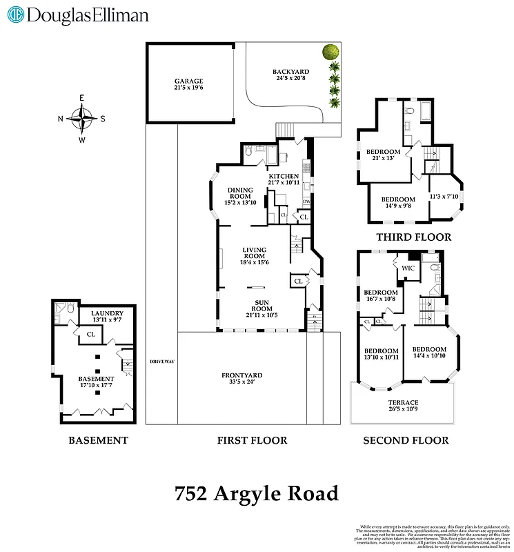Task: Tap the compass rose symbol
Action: (82, 118)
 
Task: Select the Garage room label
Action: (188, 85)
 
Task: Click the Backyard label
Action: (290, 75)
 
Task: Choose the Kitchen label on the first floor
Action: (284, 179)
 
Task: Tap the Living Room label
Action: (255, 255)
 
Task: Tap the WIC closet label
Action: (408, 268)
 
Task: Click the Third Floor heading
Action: (413, 237)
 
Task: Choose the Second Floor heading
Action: (406, 440)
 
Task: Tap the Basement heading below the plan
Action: (98, 440)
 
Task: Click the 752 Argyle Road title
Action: (257, 494)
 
